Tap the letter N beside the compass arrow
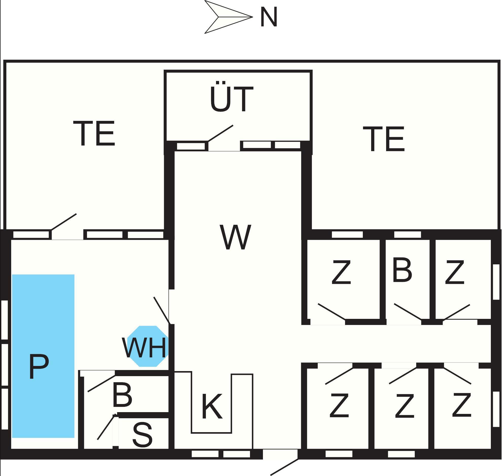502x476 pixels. pyautogui.click(x=268, y=17)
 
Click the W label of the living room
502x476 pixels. pyautogui.click(x=236, y=237)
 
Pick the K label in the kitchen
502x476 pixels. pyautogui.click(x=212, y=406)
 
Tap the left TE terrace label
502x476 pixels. pyautogui.click(x=94, y=134)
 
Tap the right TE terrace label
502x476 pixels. pyautogui.click(x=384, y=139)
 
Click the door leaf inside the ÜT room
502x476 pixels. pyautogui.click(x=220, y=133)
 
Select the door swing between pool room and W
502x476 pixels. pyautogui.click(x=162, y=310)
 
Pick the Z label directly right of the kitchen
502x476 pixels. pyautogui.click(x=339, y=405)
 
